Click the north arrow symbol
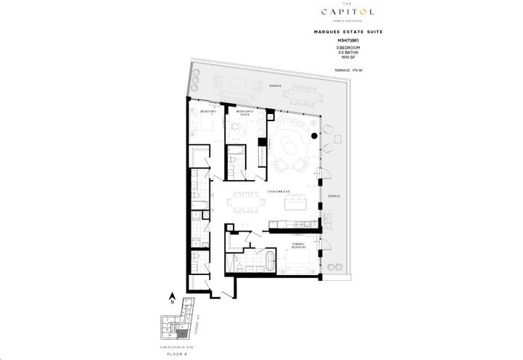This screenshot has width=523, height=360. click(x=172, y=296)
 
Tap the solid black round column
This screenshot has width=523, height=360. click(x=313, y=134)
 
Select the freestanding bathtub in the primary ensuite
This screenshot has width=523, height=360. click(x=271, y=259)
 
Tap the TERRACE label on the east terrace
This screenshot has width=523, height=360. click(x=334, y=196)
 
